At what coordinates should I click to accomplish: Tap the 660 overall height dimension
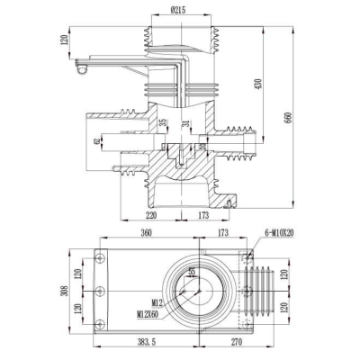pyautogui.click(x=289, y=121)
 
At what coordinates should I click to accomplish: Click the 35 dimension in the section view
pyautogui.click(x=163, y=123)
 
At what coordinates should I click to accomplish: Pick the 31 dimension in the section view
pyautogui.click(x=185, y=123)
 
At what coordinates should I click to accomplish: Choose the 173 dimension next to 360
pyautogui.click(x=220, y=232)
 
